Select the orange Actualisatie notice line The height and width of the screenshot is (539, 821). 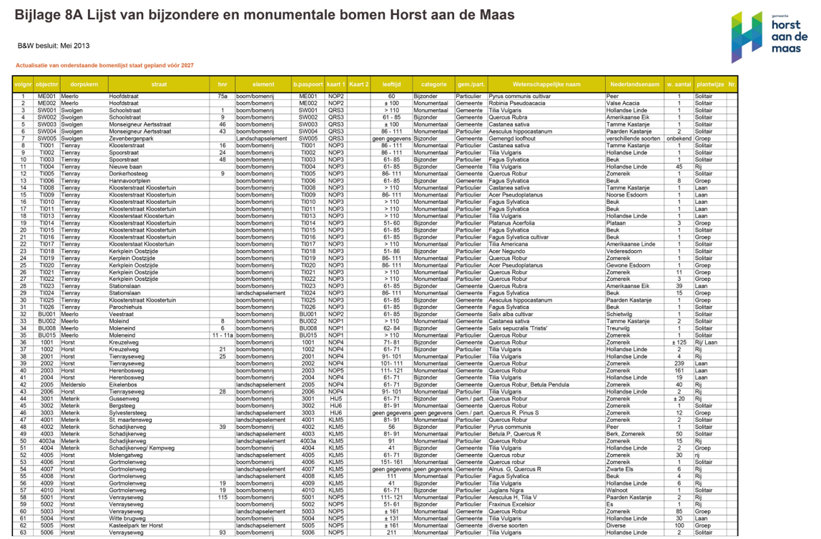(104, 65)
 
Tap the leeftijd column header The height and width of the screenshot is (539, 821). (391, 84)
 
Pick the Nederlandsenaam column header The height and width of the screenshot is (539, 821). (632, 84)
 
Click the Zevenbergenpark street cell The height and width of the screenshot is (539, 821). (132, 139)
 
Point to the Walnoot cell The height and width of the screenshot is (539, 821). (617, 490)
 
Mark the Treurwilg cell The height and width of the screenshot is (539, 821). (618, 329)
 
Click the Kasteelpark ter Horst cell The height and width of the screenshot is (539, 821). (136, 525)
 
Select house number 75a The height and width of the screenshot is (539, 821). (222, 96)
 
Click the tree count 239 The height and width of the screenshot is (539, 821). (679, 364)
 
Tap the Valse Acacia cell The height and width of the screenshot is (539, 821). (622, 103)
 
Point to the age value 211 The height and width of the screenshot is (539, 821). (391, 533)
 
